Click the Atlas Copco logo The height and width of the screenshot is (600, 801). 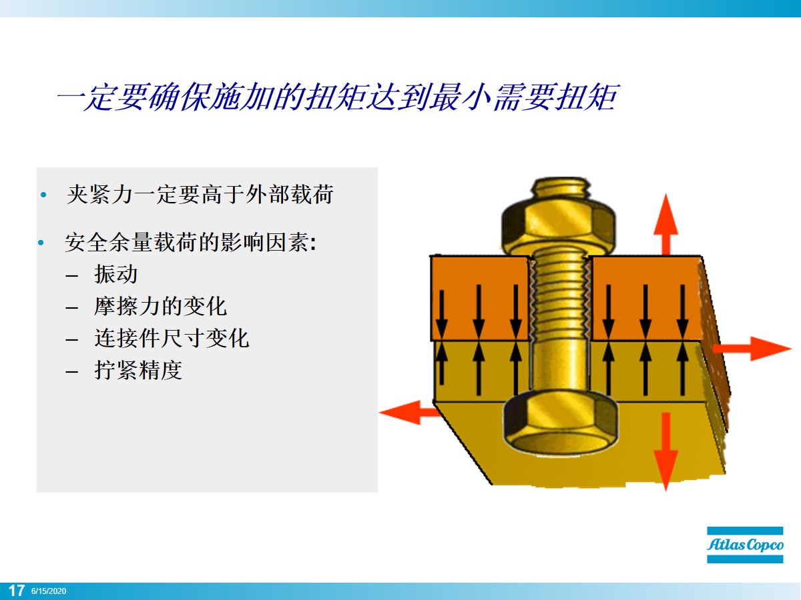745,545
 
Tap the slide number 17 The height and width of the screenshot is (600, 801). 17,591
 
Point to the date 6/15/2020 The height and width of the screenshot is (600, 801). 49,591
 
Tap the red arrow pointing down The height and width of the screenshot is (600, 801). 665,453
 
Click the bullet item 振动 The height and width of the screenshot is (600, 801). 116,274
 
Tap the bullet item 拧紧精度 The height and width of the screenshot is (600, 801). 138,370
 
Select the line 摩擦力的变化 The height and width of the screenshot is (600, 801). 160,306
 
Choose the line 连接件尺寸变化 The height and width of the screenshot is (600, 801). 172,338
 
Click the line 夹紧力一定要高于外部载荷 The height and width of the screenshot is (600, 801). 200,195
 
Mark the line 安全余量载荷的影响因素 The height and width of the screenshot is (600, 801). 190,242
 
